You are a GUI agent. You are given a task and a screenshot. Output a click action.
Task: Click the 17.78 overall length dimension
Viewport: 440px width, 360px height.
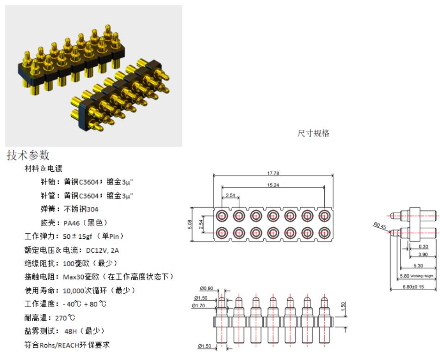pos(273,174)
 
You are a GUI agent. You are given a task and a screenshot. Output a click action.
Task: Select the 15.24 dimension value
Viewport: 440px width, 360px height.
pos(273,185)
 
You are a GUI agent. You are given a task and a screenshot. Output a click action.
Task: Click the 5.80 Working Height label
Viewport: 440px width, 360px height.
pos(416,276)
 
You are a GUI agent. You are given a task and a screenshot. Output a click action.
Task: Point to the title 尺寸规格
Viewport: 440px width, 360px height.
pos(313,133)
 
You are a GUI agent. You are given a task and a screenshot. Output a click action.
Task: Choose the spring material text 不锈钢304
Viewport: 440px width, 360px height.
pos(81,209)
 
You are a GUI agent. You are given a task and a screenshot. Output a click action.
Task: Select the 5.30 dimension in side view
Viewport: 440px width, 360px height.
pos(418,266)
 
